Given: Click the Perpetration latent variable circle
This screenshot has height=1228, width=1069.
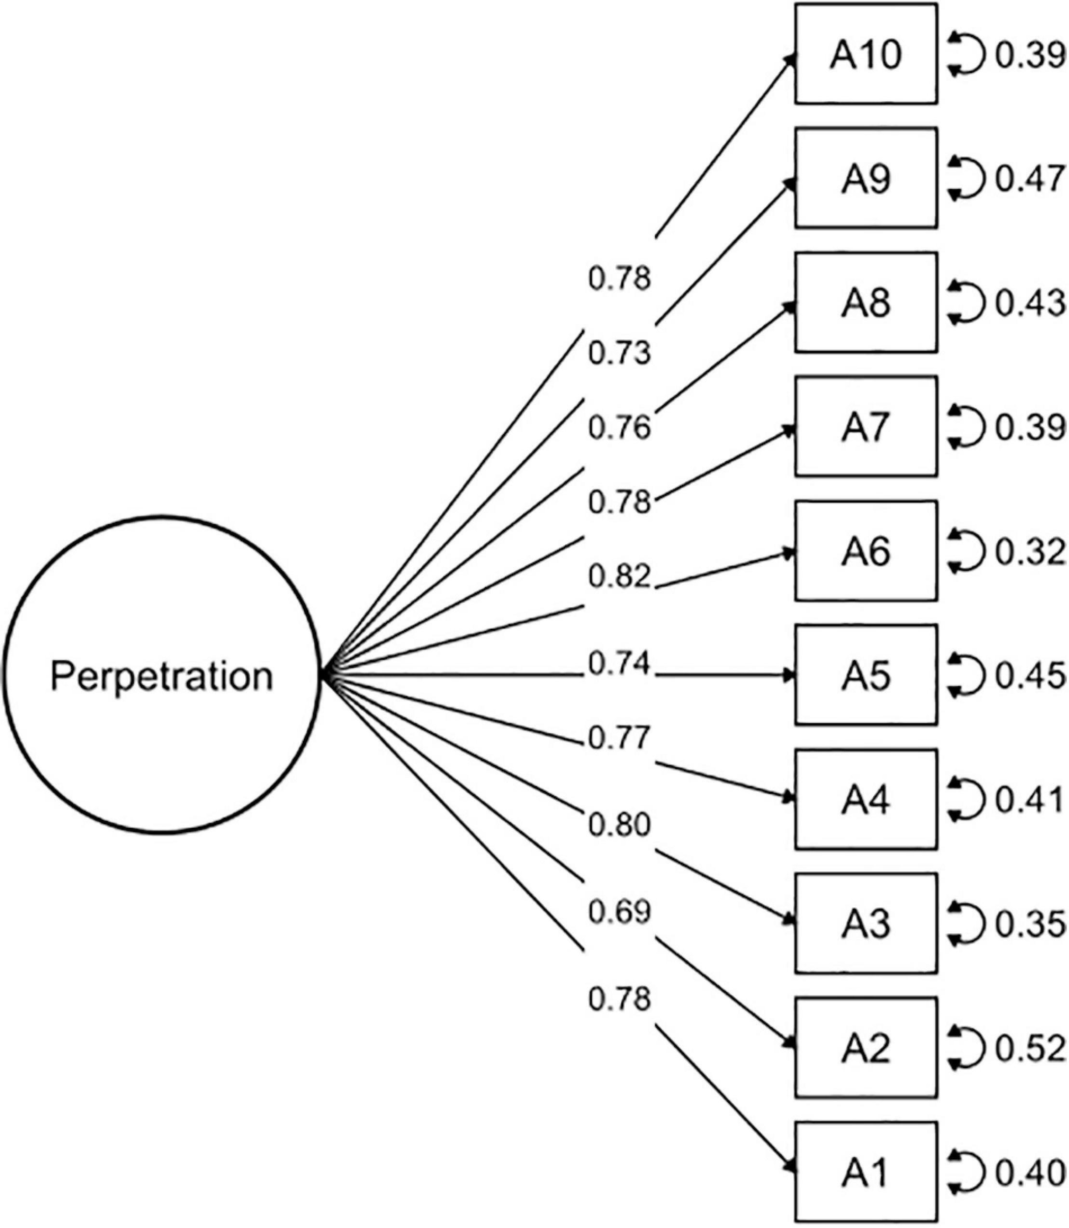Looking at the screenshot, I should pos(161,675).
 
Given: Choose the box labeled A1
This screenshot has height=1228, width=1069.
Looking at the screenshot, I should pos(866,1172).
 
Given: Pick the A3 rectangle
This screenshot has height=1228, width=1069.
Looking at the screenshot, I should pos(866,924).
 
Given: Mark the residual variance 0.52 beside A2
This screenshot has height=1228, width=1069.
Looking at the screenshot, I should pos(1029,1049).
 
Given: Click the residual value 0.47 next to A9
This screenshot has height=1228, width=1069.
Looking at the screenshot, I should pos(1029,179).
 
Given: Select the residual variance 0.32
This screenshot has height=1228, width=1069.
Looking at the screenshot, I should pos(1029,552).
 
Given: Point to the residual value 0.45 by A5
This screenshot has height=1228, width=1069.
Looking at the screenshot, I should pos(1029,676).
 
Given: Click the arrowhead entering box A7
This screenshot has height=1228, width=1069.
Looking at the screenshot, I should pos(790,430).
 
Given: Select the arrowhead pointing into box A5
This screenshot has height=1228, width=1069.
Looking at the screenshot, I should pos(790,675).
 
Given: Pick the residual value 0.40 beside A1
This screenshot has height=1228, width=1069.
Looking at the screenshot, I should pos(1029,1172).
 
